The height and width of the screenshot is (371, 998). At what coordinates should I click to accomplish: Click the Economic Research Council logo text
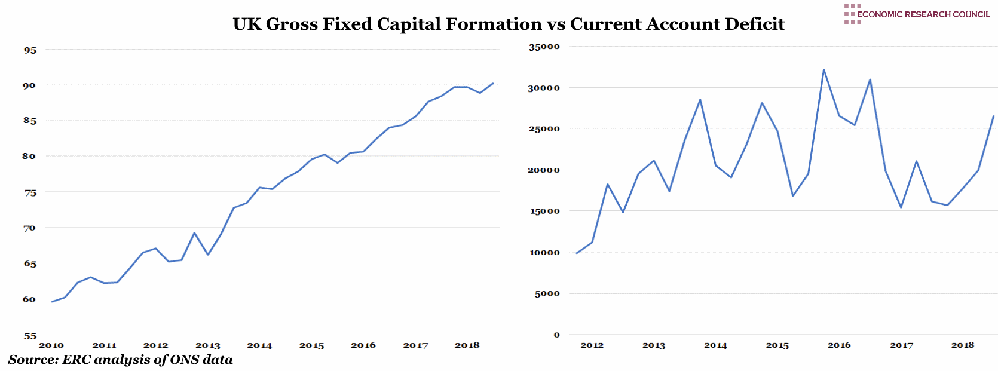coord(923,14)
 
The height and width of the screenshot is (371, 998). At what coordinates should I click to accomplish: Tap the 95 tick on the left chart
coord(30,50)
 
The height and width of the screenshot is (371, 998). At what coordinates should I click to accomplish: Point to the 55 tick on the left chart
coord(30,336)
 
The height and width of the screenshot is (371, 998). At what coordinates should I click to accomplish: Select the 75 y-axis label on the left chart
coord(30,193)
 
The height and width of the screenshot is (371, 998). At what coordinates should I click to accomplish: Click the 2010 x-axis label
coord(51,345)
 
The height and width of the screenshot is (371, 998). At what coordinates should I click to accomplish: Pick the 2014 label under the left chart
coord(259,345)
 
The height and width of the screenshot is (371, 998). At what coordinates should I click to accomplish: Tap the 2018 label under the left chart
coord(467,345)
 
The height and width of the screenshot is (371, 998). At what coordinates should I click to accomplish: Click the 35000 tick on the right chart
coord(544,47)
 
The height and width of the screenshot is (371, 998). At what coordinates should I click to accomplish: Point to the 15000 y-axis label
coord(544,211)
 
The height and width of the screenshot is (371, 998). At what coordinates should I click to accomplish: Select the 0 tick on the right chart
coord(556,335)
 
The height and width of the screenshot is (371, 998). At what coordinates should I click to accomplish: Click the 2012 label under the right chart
coord(592,345)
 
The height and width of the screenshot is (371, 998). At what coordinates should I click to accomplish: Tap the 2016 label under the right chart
coord(839,345)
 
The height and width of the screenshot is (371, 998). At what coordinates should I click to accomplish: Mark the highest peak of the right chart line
coord(823,70)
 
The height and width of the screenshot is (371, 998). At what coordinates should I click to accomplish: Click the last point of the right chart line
coord(993,116)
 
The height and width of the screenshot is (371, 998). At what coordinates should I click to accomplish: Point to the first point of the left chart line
coord(52,302)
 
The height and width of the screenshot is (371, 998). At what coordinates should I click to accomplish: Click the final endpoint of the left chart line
coord(493,84)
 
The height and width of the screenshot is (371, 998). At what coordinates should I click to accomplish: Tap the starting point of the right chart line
coord(577,253)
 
